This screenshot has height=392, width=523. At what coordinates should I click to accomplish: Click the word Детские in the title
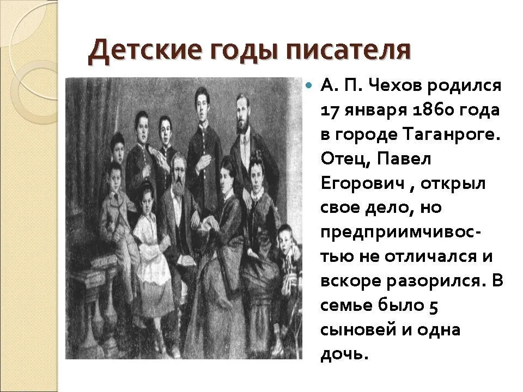click(145, 51)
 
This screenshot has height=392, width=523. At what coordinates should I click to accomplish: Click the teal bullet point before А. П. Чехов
click(309, 86)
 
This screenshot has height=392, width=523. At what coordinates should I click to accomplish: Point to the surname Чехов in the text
click(396, 86)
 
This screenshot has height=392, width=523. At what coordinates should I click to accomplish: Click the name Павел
click(404, 159)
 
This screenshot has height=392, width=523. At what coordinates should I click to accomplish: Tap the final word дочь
click(344, 354)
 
